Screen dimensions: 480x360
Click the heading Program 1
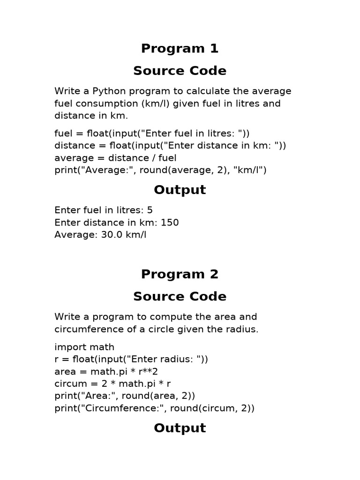pos(180,48)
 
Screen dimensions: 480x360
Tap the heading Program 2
pos(180,274)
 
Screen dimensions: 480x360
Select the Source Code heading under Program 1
pos(180,71)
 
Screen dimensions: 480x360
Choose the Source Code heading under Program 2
pos(180,297)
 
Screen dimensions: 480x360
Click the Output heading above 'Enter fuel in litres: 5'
pos(180,190)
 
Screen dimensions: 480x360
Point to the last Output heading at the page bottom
pos(180,428)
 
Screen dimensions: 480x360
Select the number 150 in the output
pos(170,222)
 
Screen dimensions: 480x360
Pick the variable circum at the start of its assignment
pos(69,383)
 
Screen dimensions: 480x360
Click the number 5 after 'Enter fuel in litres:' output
pos(150,210)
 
